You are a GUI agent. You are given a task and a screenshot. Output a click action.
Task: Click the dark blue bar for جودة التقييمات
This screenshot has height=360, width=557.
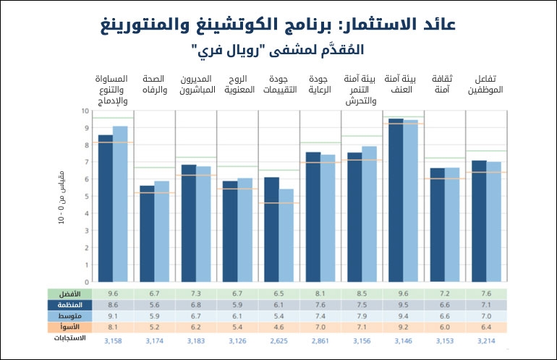(271, 230)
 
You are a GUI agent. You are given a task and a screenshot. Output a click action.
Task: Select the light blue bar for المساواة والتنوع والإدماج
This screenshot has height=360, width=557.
(120, 205)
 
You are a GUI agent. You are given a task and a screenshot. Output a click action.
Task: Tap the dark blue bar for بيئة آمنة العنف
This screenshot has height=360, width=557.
(396, 200)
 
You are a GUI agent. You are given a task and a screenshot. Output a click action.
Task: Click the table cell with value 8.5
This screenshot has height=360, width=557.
(361, 294)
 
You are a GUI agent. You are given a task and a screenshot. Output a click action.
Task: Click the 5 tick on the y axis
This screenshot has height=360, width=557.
(86, 197)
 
